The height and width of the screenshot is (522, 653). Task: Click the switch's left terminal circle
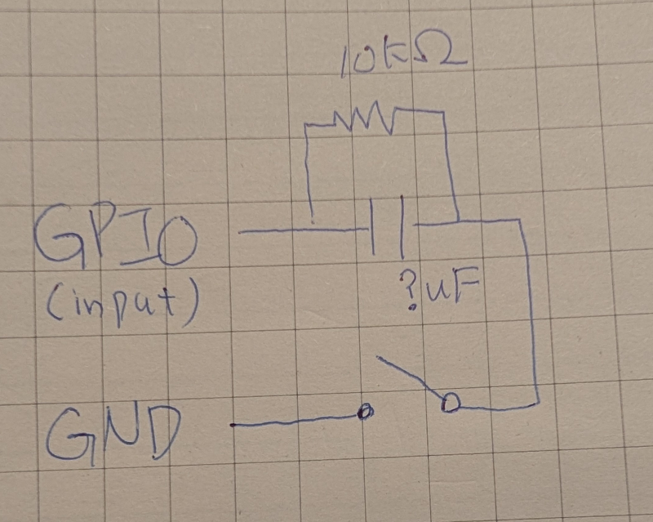point(366,413)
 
